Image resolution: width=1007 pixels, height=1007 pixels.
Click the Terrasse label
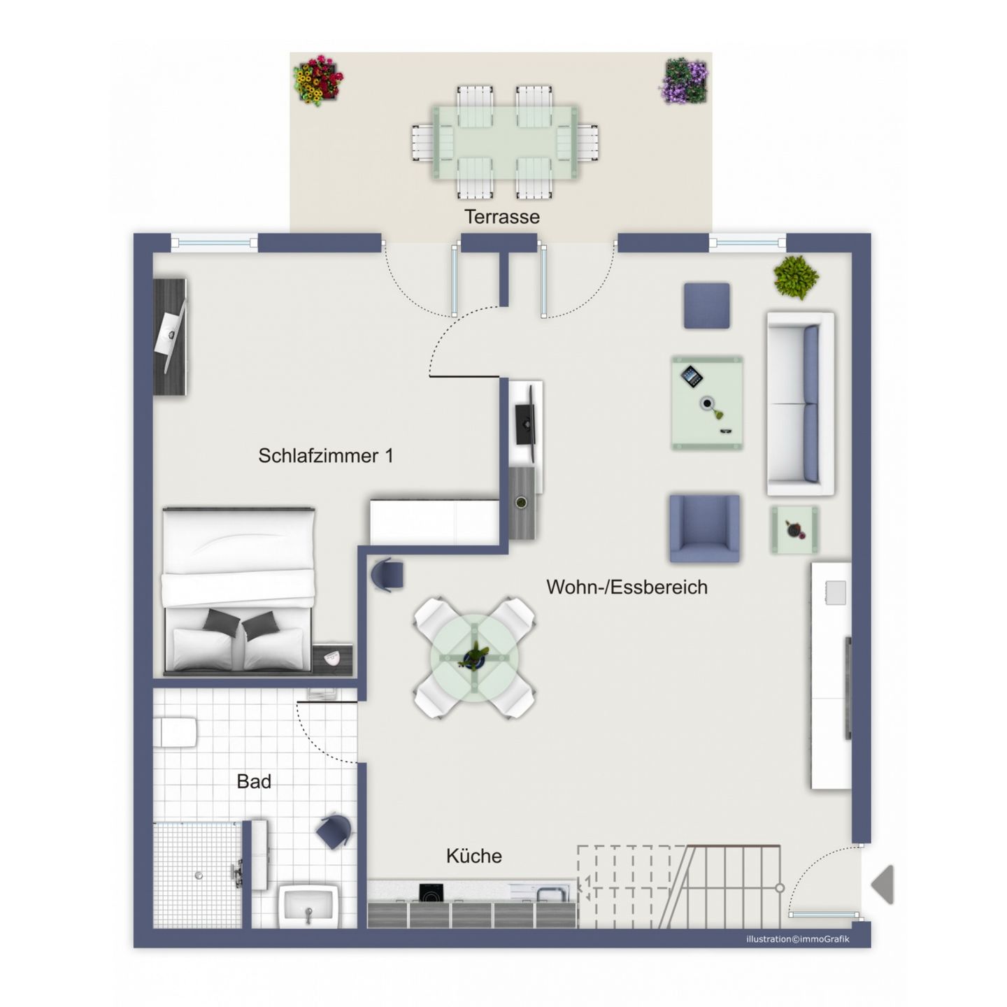(501, 216)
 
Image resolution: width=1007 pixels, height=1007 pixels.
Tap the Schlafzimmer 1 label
(326, 456)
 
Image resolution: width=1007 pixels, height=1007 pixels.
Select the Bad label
(254, 781)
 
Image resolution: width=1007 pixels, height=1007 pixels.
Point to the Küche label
(474, 855)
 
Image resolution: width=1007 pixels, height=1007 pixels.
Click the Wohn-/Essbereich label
(627, 587)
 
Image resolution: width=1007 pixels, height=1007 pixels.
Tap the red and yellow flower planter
(317, 81)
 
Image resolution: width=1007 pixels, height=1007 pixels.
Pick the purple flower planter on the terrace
(684, 81)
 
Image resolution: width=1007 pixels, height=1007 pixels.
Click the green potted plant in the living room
(795, 277)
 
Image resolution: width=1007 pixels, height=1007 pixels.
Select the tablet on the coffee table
(692, 376)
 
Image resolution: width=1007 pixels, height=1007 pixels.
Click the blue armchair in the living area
(704, 528)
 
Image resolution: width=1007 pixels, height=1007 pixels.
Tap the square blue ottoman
(706, 306)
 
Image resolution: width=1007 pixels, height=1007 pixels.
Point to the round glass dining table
(474, 657)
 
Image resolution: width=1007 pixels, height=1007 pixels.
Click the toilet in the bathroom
(175, 732)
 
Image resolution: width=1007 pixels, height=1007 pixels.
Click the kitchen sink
(551, 894)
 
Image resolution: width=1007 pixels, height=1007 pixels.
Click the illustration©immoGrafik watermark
(797, 939)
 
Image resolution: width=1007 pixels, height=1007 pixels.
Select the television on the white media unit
(526, 424)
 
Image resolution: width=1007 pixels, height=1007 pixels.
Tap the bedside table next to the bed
(332, 660)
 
